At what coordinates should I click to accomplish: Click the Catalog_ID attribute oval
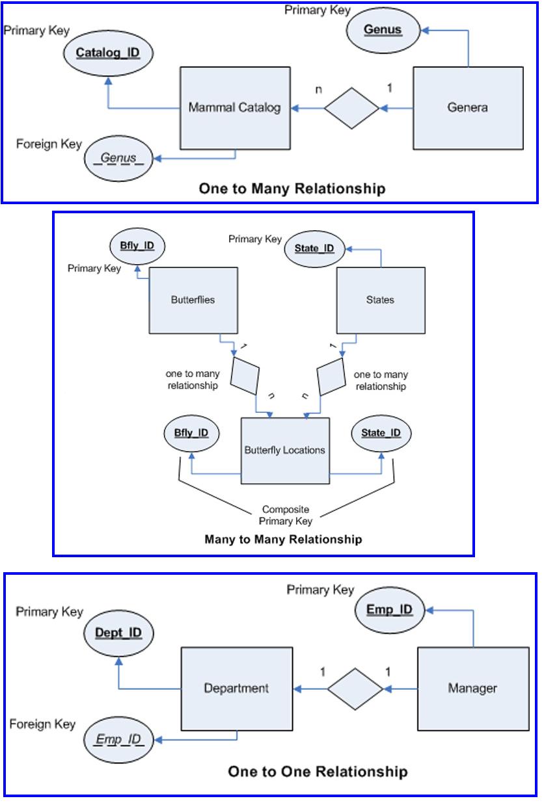[108, 53]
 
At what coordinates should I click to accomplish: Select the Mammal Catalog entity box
[235, 108]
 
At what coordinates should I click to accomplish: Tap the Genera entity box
[468, 108]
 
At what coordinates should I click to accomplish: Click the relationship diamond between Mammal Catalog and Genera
[351, 108]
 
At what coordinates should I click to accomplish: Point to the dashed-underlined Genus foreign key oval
[118, 159]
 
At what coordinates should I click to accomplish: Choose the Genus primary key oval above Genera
[383, 30]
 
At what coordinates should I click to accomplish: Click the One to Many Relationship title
[292, 189]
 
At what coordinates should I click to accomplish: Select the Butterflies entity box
[193, 300]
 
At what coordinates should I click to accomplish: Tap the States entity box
[381, 300]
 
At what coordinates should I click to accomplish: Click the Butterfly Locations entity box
[285, 451]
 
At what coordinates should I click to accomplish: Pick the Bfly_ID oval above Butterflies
[137, 246]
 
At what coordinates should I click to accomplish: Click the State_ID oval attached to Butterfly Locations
[381, 434]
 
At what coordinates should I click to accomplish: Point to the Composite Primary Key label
[286, 515]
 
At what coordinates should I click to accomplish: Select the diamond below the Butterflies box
[245, 376]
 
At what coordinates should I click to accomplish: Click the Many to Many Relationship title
[283, 539]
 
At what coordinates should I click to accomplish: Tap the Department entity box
[237, 689]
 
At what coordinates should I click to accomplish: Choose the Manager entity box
[473, 689]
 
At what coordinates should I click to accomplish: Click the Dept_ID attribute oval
[118, 633]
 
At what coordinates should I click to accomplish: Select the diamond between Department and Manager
[355, 689]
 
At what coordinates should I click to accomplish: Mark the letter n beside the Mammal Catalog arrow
[319, 90]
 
